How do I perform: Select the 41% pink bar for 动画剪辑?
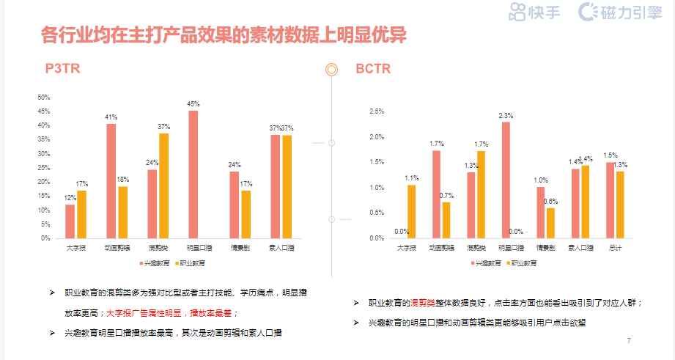(111, 181)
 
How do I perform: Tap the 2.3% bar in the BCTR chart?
(506, 180)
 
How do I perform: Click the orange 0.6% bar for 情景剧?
(550, 223)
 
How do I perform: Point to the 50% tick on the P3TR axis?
(44, 98)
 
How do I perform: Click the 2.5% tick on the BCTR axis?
(377, 111)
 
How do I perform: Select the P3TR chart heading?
(62, 69)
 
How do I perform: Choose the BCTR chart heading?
(373, 69)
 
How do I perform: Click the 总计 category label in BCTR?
(615, 248)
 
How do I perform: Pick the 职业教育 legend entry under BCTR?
(523, 262)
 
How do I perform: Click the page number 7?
(629, 341)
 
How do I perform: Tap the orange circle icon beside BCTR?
(331, 70)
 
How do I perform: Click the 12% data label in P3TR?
(70, 198)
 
